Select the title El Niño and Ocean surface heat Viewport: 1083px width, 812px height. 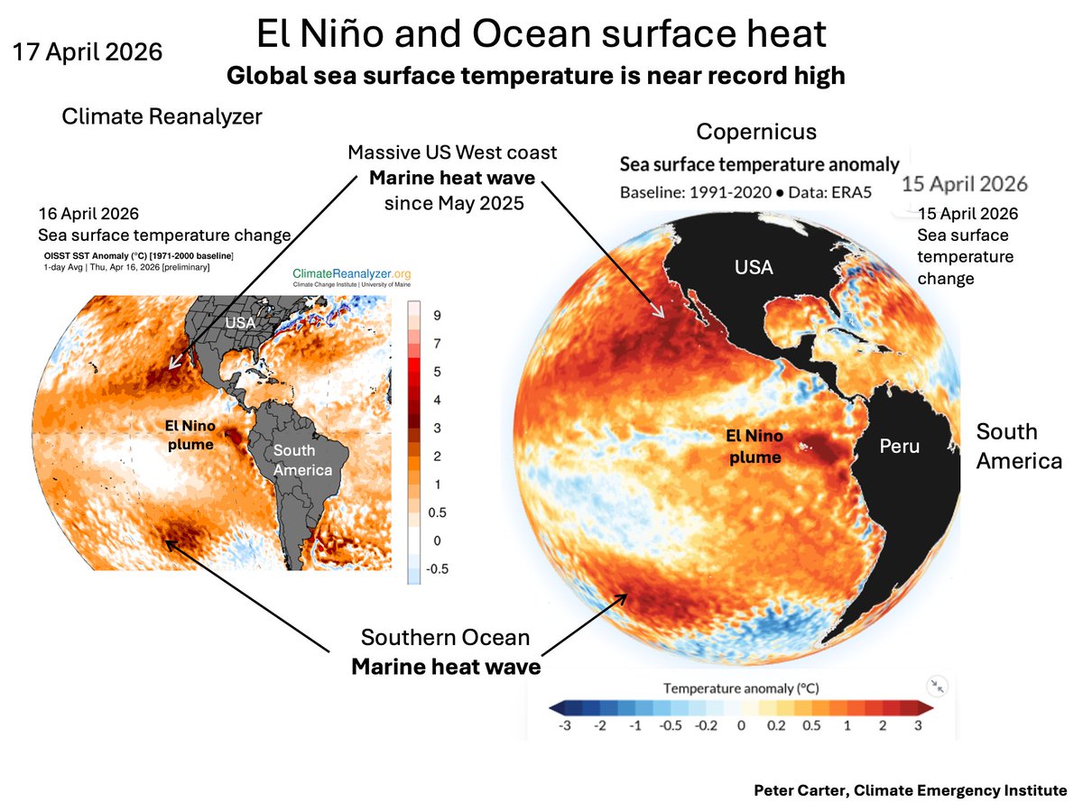pos(541,34)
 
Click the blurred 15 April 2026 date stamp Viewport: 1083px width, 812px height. pos(965,183)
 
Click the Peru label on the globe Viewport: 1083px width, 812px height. pos(902,447)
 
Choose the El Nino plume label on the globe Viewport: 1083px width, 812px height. pos(754,446)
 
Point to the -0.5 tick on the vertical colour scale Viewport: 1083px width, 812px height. pos(440,568)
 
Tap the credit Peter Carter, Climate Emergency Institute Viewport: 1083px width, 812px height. pos(911,790)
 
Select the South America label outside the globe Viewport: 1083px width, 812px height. pos(1019,446)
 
